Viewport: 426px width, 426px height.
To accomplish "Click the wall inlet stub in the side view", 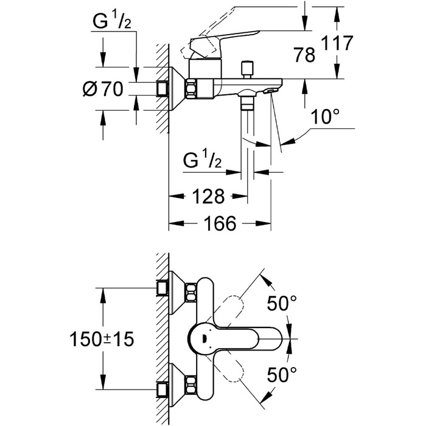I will tap(162, 89).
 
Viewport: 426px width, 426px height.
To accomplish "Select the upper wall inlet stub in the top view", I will tap(162, 288).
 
